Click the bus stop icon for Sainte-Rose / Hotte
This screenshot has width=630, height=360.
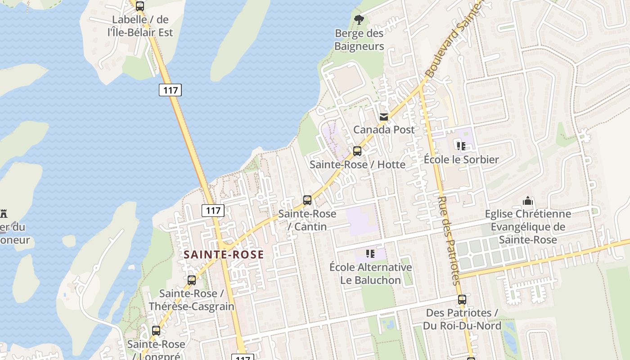click(x=357, y=151)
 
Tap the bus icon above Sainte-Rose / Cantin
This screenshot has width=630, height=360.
click(x=307, y=200)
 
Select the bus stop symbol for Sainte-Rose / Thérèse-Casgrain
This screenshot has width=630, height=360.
click(x=192, y=280)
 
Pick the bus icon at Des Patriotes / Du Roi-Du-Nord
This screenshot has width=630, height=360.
click(x=462, y=300)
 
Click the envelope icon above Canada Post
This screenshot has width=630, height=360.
click(x=383, y=117)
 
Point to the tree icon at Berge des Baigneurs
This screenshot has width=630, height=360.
click(x=359, y=20)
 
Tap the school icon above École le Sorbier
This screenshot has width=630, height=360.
click(x=461, y=146)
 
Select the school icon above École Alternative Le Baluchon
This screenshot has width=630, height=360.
click(x=370, y=254)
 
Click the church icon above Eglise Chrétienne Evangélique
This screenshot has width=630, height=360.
click(x=528, y=201)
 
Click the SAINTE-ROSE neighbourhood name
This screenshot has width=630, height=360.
click(x=224, y=255)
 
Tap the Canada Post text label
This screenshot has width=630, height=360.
click(x=384, y=130)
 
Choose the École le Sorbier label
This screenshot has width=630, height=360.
click(x=461, y=160)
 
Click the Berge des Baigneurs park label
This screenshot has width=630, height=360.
click(x=359, y=40)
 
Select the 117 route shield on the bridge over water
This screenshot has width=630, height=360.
click(x=170, y=90)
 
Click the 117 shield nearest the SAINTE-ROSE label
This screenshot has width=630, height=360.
click(x=213, y=210)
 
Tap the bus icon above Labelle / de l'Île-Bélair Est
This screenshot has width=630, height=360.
click(x=140, y=6)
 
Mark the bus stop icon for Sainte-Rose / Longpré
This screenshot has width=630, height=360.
click(x=156, y=331)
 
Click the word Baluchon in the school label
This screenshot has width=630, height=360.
click(x=370, y=280)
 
